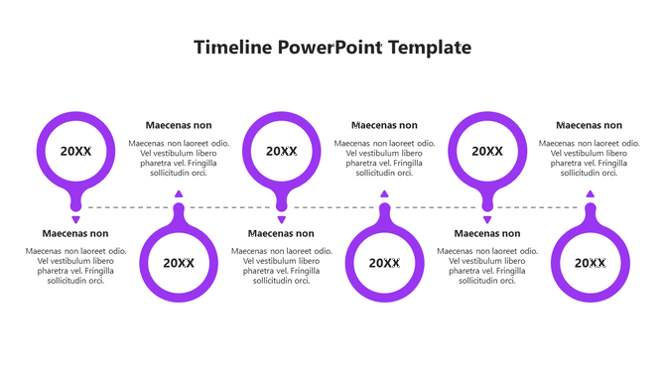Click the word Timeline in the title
232,47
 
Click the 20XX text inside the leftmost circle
75,151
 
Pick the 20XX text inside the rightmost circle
590,263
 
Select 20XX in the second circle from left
179,263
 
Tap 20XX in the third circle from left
282,151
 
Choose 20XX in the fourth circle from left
384,263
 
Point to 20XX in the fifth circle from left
487,151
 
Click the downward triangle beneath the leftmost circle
75,219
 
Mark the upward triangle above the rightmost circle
590,194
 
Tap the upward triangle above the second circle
179,194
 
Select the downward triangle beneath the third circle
282,219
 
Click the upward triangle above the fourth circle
384,194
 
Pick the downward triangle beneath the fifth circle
487,219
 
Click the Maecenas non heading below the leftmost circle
75,234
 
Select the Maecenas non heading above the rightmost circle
589,125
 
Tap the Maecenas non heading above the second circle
179,125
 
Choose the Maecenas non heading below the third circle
281,234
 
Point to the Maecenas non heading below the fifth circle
486,234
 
